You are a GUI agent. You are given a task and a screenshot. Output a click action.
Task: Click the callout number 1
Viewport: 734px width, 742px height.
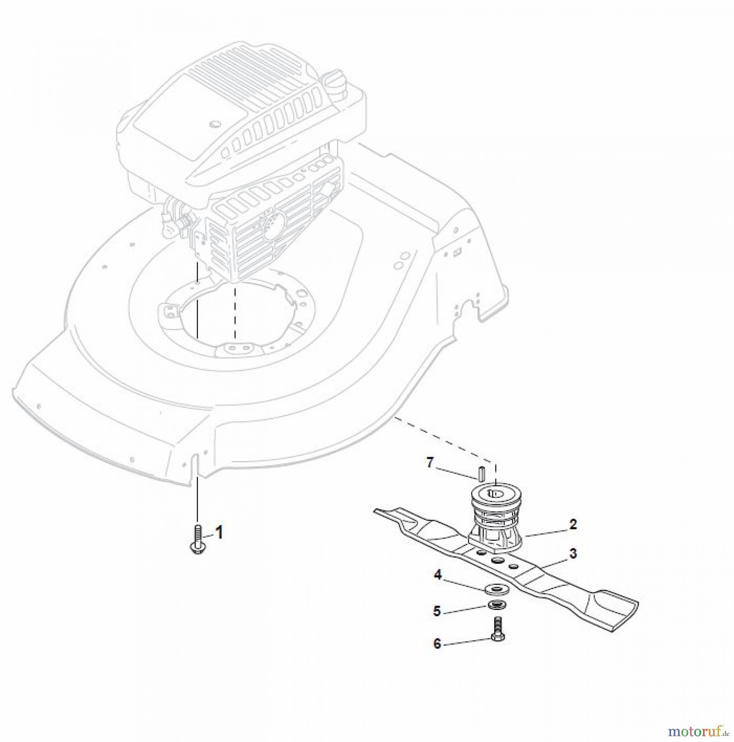(220, 532)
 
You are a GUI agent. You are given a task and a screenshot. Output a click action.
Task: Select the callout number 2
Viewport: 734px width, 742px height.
(573, 525)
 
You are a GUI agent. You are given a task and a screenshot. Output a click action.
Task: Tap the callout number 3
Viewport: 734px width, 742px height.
(573, 554)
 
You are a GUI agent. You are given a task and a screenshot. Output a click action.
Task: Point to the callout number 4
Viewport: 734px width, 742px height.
(437, 574)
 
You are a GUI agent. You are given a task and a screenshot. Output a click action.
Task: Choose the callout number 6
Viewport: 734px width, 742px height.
(437, 643)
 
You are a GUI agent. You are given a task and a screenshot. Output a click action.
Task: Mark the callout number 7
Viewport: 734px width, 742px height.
(430, 463)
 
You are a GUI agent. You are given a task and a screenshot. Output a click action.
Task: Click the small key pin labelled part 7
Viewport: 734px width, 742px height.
(480, 473)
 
